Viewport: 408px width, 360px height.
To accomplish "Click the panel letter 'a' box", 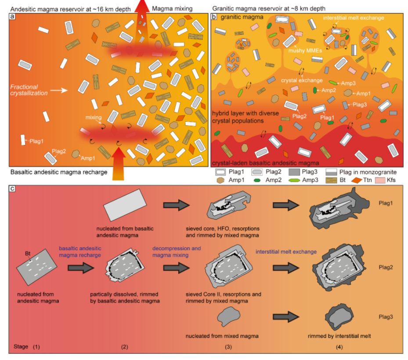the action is coord(12,17).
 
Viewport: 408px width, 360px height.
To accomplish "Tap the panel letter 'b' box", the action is coord(214,17).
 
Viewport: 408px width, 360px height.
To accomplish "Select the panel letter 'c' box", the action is coord(12,188).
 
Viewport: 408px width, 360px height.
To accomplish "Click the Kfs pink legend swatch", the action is coord(380,180).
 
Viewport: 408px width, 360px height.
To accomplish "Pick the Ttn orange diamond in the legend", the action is coord(357,180).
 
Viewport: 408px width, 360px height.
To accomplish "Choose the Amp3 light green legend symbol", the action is coord(294,180).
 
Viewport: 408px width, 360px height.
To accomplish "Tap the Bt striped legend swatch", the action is coord(331,180).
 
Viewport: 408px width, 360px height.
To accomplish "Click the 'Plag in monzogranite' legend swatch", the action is coord(331,172).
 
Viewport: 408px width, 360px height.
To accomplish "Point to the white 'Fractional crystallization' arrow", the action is coord(59,90).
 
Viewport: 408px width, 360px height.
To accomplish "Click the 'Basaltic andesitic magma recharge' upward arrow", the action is coord(119,164).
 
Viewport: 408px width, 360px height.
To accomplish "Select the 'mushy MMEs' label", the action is coord(305,50).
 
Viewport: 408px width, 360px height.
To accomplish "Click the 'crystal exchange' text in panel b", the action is coord(302,80).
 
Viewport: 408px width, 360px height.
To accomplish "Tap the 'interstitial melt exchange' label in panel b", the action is coord(354,18).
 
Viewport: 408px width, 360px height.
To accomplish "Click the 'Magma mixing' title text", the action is coord(172,9).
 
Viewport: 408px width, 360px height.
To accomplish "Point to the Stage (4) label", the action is coord(339,347).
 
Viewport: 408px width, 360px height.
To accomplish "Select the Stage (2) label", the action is coord(124,347).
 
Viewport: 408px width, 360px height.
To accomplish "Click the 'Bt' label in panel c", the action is coord(28,253).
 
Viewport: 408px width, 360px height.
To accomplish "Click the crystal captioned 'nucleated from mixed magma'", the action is coord(228,316).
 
